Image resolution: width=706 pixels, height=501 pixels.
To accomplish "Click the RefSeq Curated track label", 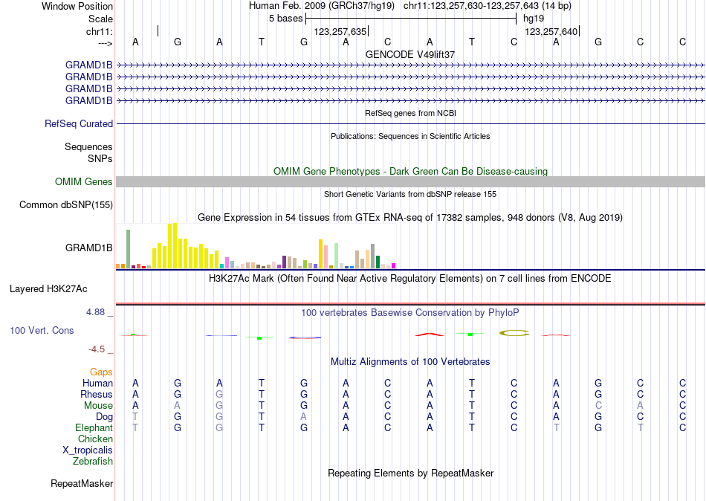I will coord(79,124).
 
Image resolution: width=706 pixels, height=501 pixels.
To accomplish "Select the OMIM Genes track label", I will coord(84,182).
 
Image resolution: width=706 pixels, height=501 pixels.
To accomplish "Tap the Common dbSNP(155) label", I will coord(66,205).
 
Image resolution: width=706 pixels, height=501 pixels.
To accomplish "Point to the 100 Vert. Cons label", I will coord(42,330).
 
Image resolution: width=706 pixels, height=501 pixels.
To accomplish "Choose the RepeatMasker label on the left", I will coord(82,484).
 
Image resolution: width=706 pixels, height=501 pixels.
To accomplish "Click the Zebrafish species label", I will coord(93,462).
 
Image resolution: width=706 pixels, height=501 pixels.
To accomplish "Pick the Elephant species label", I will coord(94,428).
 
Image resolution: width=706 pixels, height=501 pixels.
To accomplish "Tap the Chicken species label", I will coord(95,439).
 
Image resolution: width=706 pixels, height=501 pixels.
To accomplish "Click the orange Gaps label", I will coord(101,372).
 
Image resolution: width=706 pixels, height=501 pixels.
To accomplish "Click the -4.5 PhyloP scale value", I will coord(97,349).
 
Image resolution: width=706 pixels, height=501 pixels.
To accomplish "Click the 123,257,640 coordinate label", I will coord(551,32).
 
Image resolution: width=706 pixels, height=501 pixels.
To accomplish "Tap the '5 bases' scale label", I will coord(285,18).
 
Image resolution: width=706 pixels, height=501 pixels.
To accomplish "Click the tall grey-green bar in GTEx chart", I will coord(128,248).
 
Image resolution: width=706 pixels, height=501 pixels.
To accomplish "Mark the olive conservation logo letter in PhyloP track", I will coord(514,333).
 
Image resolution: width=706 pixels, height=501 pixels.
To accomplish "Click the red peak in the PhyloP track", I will coord(430,334).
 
